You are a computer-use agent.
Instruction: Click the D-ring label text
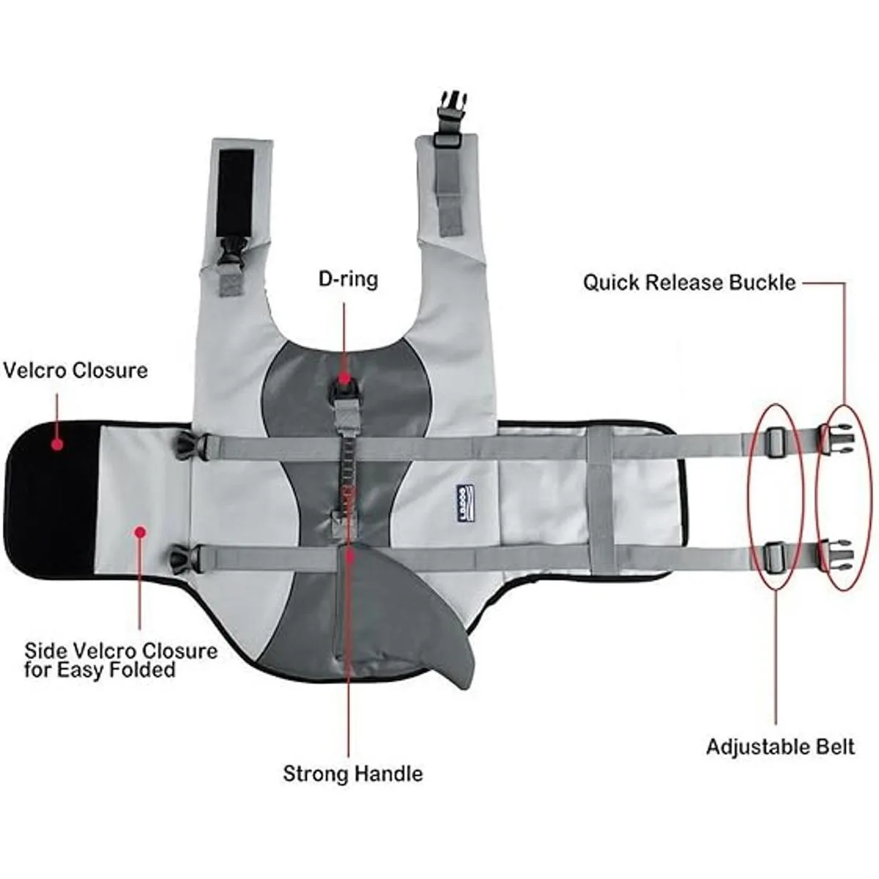[x=348, y=279]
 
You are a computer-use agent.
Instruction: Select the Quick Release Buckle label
[x=689, y=283]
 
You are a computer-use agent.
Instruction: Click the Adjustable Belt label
[x=780, y=747]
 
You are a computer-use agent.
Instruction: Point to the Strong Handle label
[x=352, y=774]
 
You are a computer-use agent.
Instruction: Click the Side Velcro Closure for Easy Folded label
[x=121, y=659]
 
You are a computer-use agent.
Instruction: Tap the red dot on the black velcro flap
[x=56, y=443]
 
